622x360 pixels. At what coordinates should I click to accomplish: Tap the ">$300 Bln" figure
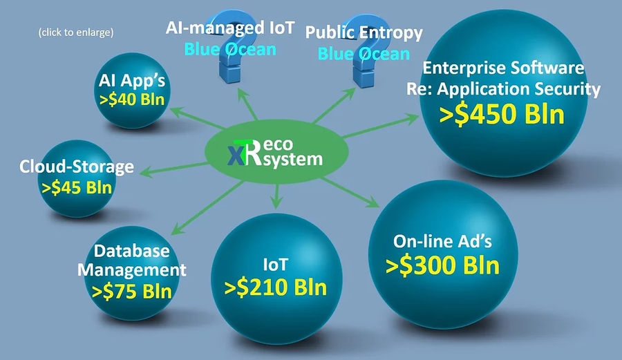(442, 265)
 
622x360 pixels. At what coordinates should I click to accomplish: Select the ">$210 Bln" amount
(275, 286)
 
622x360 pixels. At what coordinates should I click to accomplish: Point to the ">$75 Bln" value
(131, 290)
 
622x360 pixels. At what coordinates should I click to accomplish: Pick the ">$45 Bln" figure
(76, 187)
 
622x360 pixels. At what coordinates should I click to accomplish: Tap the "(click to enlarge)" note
(77, 32)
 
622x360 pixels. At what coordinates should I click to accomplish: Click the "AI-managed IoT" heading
(230, 28)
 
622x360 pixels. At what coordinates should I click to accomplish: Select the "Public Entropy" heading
(364, 32)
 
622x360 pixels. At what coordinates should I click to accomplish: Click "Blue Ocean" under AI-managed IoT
(230, 49)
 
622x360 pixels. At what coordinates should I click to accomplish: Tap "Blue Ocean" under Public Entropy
(364, 53)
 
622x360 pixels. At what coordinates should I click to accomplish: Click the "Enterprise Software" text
(503, 68)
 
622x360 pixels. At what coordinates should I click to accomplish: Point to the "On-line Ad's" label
(442, 241)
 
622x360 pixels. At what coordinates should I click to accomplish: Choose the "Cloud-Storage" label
(76, 167)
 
